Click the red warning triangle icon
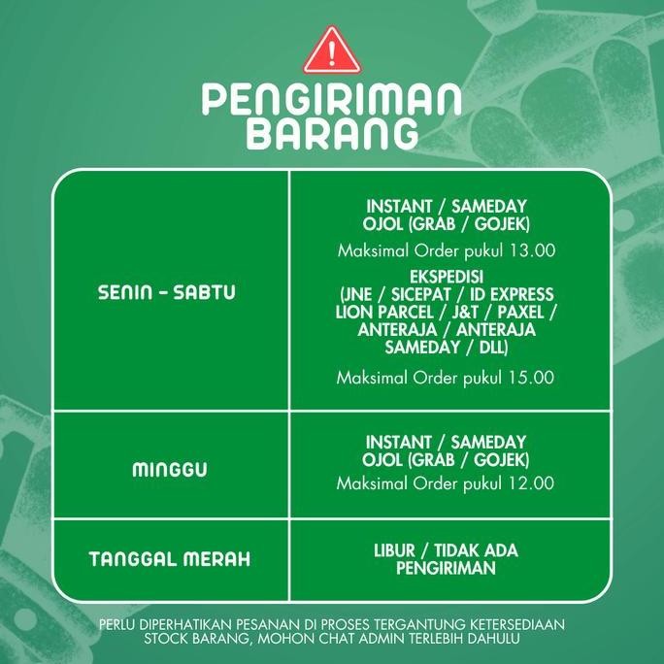[331, 51]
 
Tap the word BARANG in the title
[331, 134]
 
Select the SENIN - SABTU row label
[167, 292]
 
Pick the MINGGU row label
[170, 471]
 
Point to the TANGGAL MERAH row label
[169, 559]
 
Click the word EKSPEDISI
[446, 277]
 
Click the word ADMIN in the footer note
[381, 640]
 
